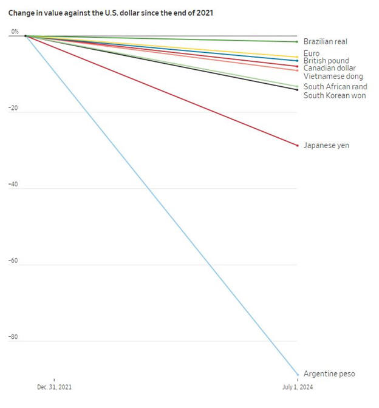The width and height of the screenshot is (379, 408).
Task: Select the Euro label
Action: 312,53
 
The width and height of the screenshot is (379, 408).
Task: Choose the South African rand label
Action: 335,87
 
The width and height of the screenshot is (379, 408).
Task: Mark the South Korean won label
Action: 334,95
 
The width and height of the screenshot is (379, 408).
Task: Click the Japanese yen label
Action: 326,146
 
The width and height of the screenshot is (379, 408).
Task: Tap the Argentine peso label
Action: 329,374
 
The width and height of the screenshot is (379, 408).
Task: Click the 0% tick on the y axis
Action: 15,32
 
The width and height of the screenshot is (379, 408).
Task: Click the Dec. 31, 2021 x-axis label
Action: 53,387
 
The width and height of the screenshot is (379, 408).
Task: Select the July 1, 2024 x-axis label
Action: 297,387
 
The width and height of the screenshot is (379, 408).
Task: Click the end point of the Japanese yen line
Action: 297,146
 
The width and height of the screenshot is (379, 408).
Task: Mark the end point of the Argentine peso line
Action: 297,374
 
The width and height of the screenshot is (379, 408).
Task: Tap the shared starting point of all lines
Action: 26,36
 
